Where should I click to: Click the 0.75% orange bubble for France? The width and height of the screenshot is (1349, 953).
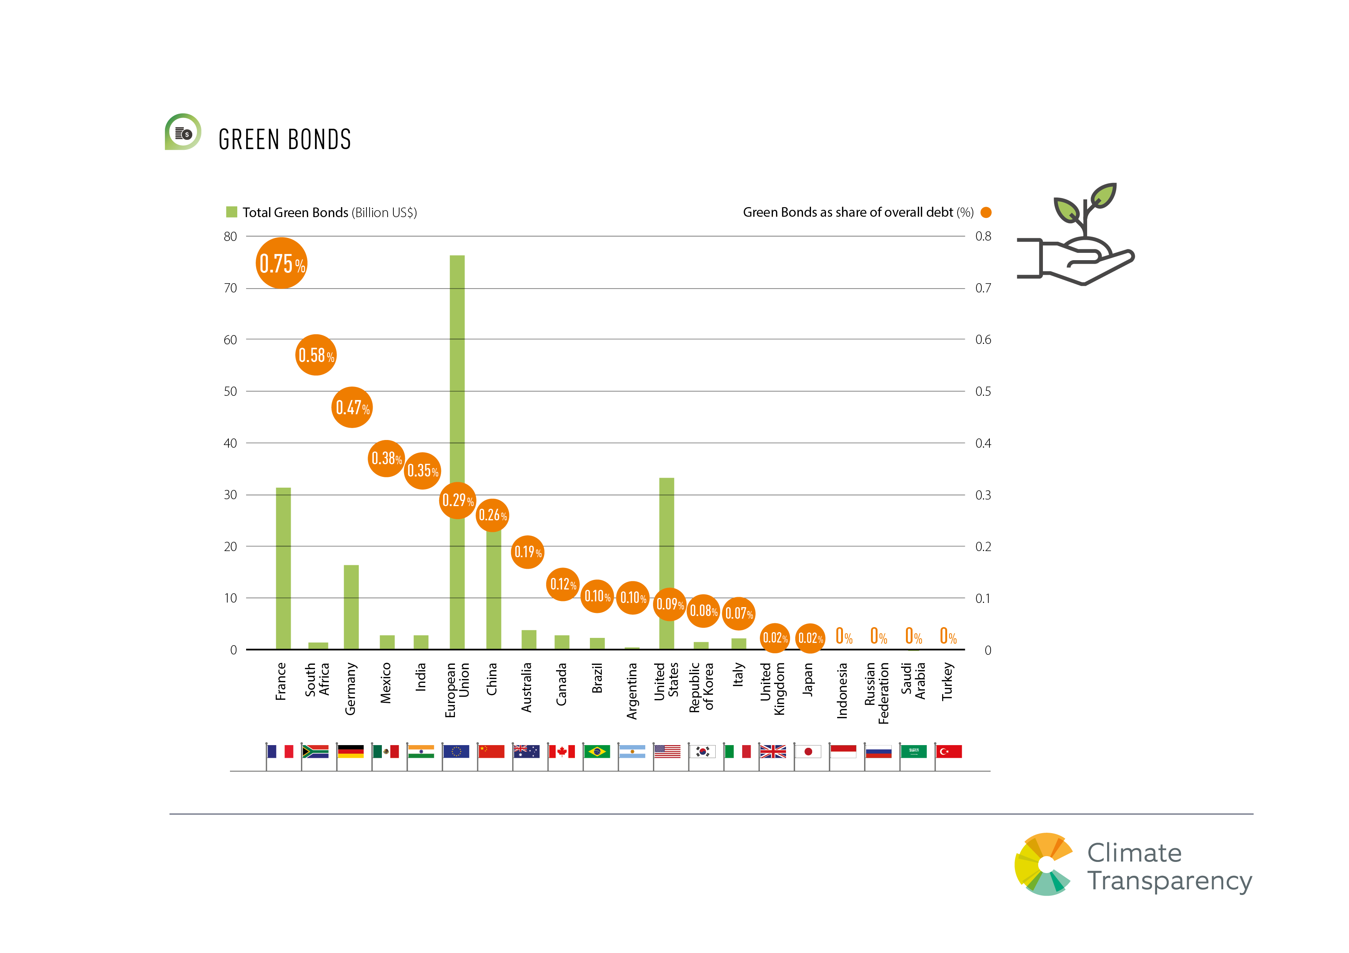pyautogui.click(x=281, y=263)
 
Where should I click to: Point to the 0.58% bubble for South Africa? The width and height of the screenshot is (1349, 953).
pyautogui.click(x=316, y=355)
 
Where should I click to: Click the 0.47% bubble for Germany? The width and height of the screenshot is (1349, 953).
pyautogui.click(x=352, y=407)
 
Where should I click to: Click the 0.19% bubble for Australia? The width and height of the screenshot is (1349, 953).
pyautogui.click(x=527, y=552)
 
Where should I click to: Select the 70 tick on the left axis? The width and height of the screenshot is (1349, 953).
pyautogui.click(x=230, y=288)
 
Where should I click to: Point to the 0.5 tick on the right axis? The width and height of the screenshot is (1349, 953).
pyautogui.click(x=983, y=392)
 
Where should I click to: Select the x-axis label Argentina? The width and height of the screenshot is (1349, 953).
pyautogui.click(x=631, y=691)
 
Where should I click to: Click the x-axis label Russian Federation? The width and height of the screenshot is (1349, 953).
pyautogui.click(x=877, y=693)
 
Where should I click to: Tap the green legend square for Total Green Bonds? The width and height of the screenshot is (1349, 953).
pyautogui.click(x=231, y=212)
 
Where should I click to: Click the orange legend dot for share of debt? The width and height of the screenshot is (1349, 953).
pyautogui.click(x=986, y=212)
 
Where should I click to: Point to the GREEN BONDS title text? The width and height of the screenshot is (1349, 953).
pyautogui.click(x=285, y=140)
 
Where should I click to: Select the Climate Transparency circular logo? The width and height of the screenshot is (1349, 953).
pyautogui.click(x=1044, y=864)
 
